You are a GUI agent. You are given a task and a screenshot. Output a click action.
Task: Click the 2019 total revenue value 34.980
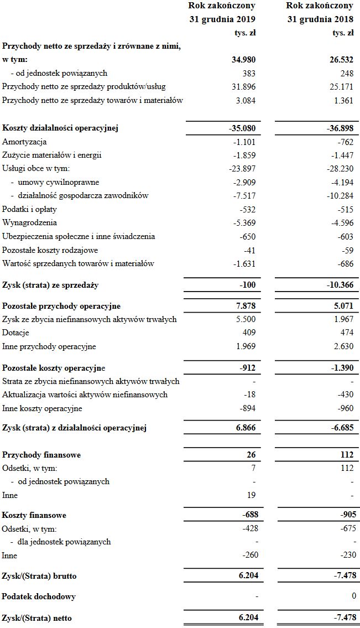click(x=243, y=60)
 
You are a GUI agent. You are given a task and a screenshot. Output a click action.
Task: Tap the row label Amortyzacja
click(x=24, y=142)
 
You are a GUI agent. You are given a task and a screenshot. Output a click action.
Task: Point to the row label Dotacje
click(x=15, y=333)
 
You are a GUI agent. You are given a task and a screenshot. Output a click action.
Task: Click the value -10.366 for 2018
click(x=340, y=286)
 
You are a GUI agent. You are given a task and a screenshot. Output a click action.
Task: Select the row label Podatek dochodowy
click(x=39, y=597)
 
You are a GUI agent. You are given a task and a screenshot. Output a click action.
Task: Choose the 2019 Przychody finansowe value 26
click(x=251, y=455)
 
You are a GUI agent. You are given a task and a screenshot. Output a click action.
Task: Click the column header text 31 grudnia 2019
click(x=222, y=19)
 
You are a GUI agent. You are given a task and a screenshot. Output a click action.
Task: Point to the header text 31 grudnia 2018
click(x=320, y=19)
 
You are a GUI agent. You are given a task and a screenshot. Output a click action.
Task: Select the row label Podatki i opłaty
click(x=29, y=210)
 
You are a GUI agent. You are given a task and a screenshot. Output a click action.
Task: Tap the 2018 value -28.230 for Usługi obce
click(x=340, y=169)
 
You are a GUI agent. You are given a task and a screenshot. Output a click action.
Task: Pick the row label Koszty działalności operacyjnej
click(x=61, y=129)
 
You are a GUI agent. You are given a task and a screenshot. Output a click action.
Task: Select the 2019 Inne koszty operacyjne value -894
click(x=247, y=408)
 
